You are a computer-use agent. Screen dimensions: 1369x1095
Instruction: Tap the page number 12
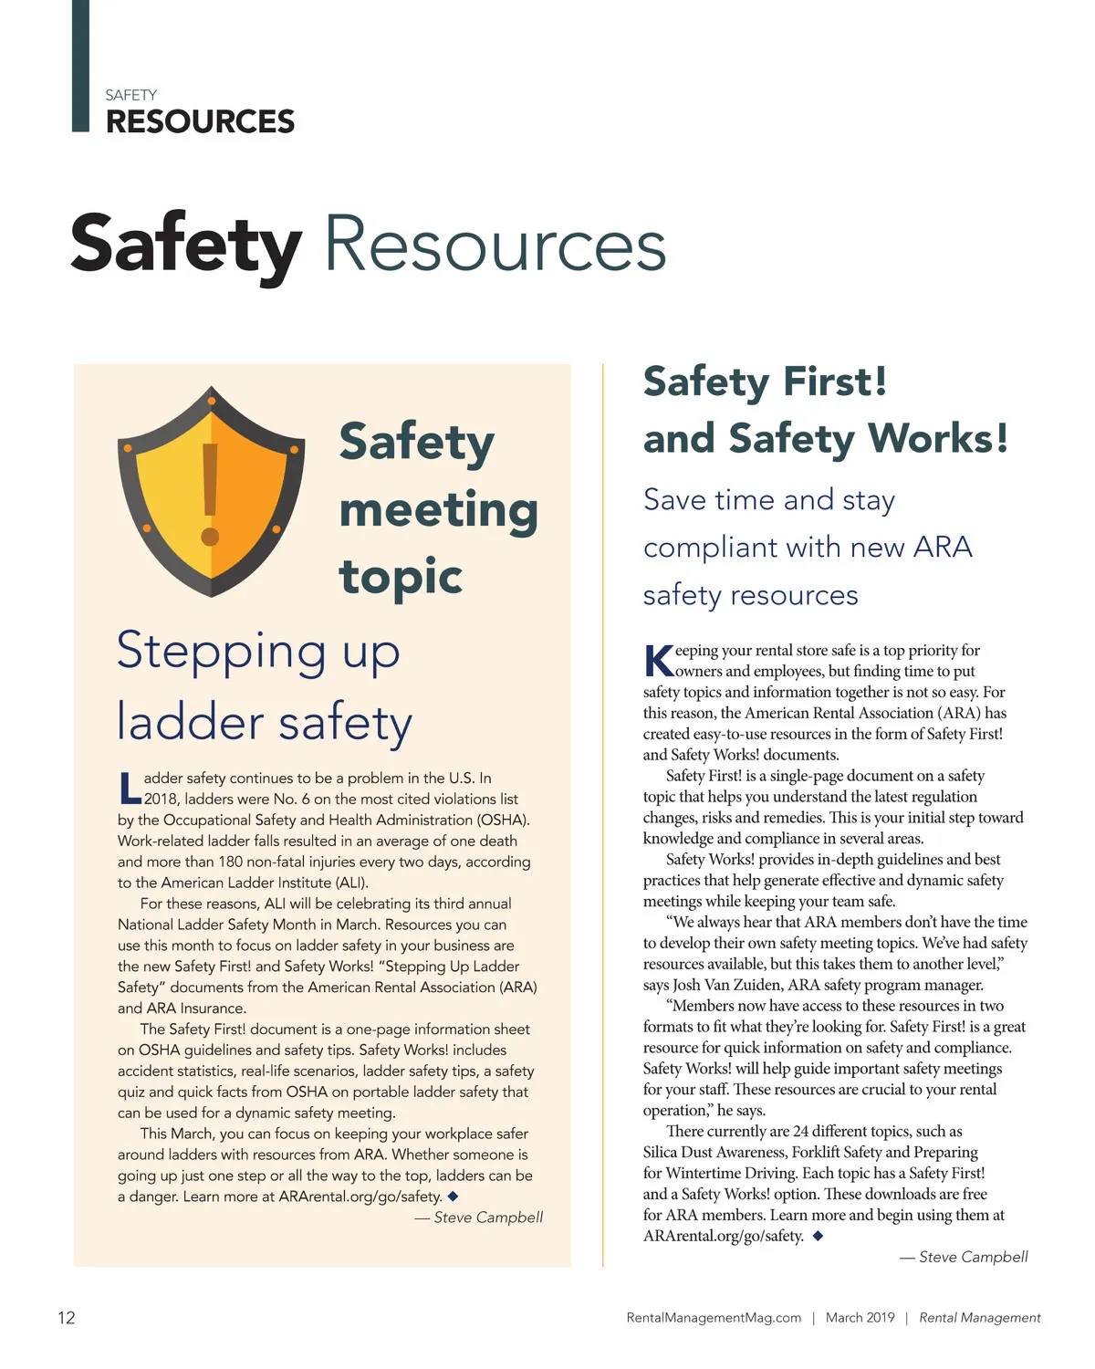[x=67, y=1317]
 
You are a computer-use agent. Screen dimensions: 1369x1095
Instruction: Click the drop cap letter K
[x=659, y=660]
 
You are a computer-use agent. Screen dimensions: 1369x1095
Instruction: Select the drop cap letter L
[x=130, y=789]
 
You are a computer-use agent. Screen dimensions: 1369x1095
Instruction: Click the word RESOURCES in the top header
[x=200, y=121]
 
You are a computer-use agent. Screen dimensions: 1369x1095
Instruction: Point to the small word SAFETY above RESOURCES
[x=130, y=95]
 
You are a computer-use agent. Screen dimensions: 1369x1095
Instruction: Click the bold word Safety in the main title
[x=186, y=245]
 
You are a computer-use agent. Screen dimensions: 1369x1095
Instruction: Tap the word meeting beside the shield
[x=438, y=509]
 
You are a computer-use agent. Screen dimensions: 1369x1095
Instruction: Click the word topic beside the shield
[x=401, y=577]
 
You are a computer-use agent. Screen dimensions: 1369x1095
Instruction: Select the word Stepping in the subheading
[x=221, y=652]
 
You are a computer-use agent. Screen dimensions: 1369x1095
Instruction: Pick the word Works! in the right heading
[x=938, y=438]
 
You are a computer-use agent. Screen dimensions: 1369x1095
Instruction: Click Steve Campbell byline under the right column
[x=973, y=1257]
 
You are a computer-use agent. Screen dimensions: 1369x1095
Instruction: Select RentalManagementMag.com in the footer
[x=714, y=1318]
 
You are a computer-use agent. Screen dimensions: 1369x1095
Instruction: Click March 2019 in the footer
[x=860, y=1318]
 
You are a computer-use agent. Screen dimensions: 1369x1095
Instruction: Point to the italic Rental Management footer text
[x=979, y=1318]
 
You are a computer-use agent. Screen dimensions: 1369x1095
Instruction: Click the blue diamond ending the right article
[x=818, y=1236]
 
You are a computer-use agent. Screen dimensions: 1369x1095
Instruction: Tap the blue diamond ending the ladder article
[x=453, y=1196]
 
